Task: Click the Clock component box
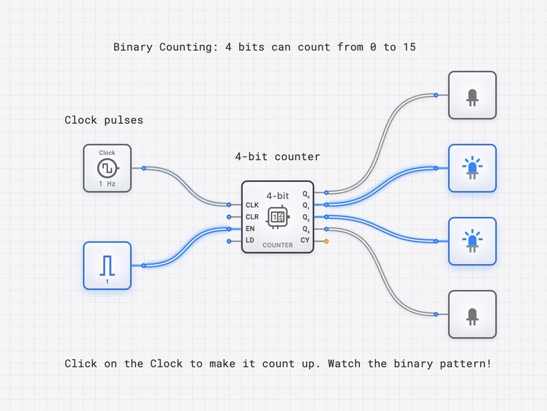pos(107,168)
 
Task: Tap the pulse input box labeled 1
pos(107,265)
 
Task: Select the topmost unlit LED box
pos(472,95)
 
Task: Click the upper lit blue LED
pos(472,168)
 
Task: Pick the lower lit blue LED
pos(472,241)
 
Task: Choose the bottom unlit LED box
pos(472,314)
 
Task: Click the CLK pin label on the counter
pos(252,204)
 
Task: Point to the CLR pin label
pos(252,216)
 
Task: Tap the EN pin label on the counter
pos(250,228)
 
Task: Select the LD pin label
pos(250,240)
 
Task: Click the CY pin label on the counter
pos(305,240)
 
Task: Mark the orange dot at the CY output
pos(327,241)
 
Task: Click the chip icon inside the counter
pos(278,216)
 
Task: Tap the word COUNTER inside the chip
pos(278,245)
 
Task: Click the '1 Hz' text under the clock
pos(107,184)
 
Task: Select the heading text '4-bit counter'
pos(278,157)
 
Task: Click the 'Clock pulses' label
pos(104,120)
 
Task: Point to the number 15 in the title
pos(409,47)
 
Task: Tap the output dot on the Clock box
pos(143,168)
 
